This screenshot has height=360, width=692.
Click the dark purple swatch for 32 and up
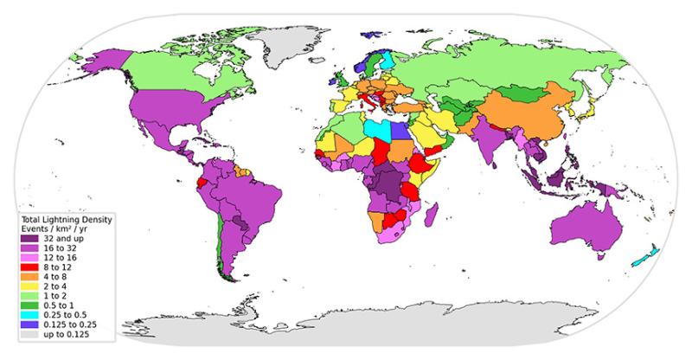tap(32, 237)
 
